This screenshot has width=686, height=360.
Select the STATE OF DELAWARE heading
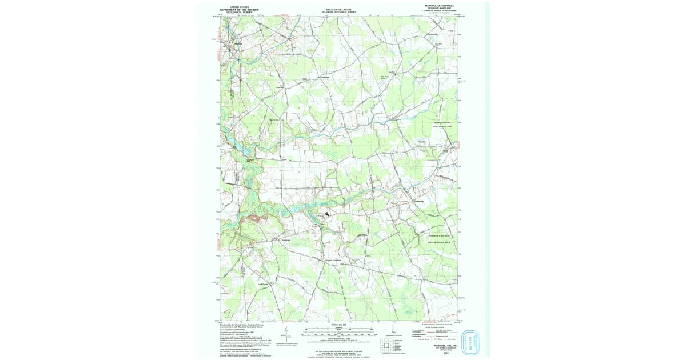tap(340, 9)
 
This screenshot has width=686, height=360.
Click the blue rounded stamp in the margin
tap(472, 342)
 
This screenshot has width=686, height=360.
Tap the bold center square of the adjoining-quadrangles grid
tap(388, 345)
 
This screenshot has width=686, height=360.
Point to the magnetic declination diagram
tap(285, 333)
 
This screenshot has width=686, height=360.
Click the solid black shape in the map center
tap(327, 214)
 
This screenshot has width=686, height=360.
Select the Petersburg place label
tap(419, 202)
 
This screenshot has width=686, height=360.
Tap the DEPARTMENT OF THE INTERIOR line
tap(240, 10)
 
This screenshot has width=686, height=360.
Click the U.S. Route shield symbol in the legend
tap(435, 339)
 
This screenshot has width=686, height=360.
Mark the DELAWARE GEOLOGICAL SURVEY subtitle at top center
tap(340, 12)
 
